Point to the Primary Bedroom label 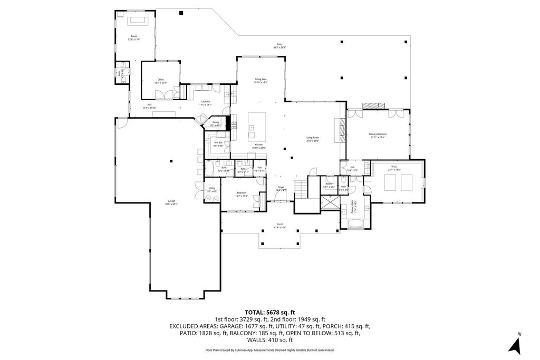[x=377, y=135]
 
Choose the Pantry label [x=215, y=123]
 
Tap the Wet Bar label [x=218, y=144]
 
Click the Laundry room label [x=205, y=103]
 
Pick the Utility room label [x=212, y=189]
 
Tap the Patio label [x=279, y=46]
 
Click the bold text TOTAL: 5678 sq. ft [x=269, y=312]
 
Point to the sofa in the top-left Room [x=138, y=21]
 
